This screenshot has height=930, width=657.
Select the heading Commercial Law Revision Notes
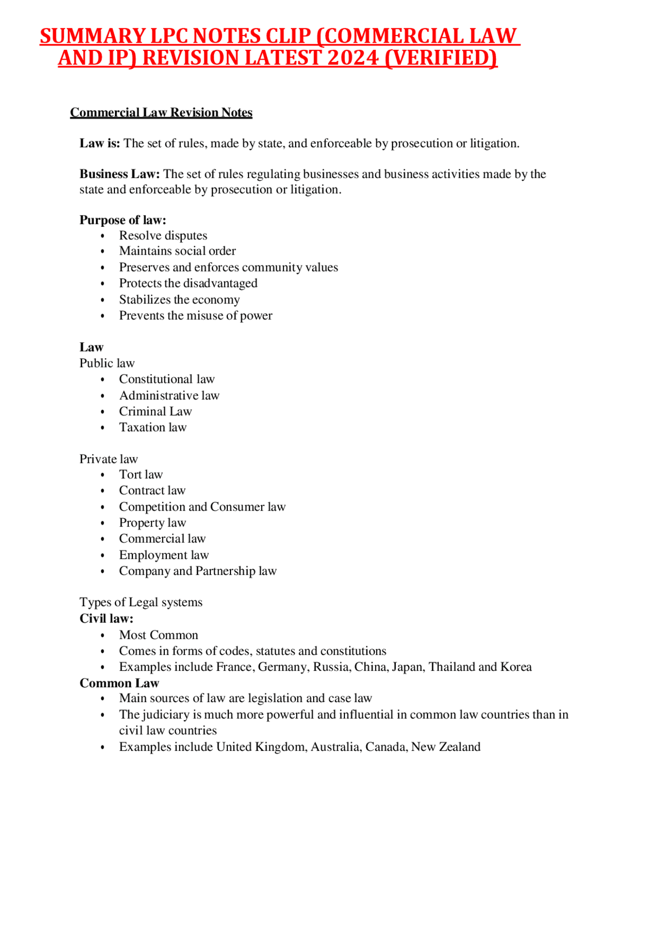[161, 112]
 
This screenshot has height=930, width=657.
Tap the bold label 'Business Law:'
[120, 174]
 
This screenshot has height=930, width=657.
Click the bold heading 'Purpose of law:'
[123, 220]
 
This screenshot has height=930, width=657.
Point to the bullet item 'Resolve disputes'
[163, 236]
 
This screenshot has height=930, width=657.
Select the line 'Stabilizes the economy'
[179, 300]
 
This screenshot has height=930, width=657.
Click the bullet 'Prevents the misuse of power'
[196, 316]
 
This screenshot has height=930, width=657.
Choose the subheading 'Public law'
[107, 363]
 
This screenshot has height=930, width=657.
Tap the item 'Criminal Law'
[156, 412]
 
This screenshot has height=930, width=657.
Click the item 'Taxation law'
[153, 428]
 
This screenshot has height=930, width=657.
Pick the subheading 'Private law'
[108, 459]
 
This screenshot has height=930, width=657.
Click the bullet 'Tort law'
[141, 475]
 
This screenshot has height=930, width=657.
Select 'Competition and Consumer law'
[202, 507]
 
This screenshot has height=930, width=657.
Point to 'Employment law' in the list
[164, 555]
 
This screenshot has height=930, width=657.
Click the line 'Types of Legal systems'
[141, 602]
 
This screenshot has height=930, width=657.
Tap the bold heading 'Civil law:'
[106, 618]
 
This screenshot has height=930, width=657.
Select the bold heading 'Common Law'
[119, 683]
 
